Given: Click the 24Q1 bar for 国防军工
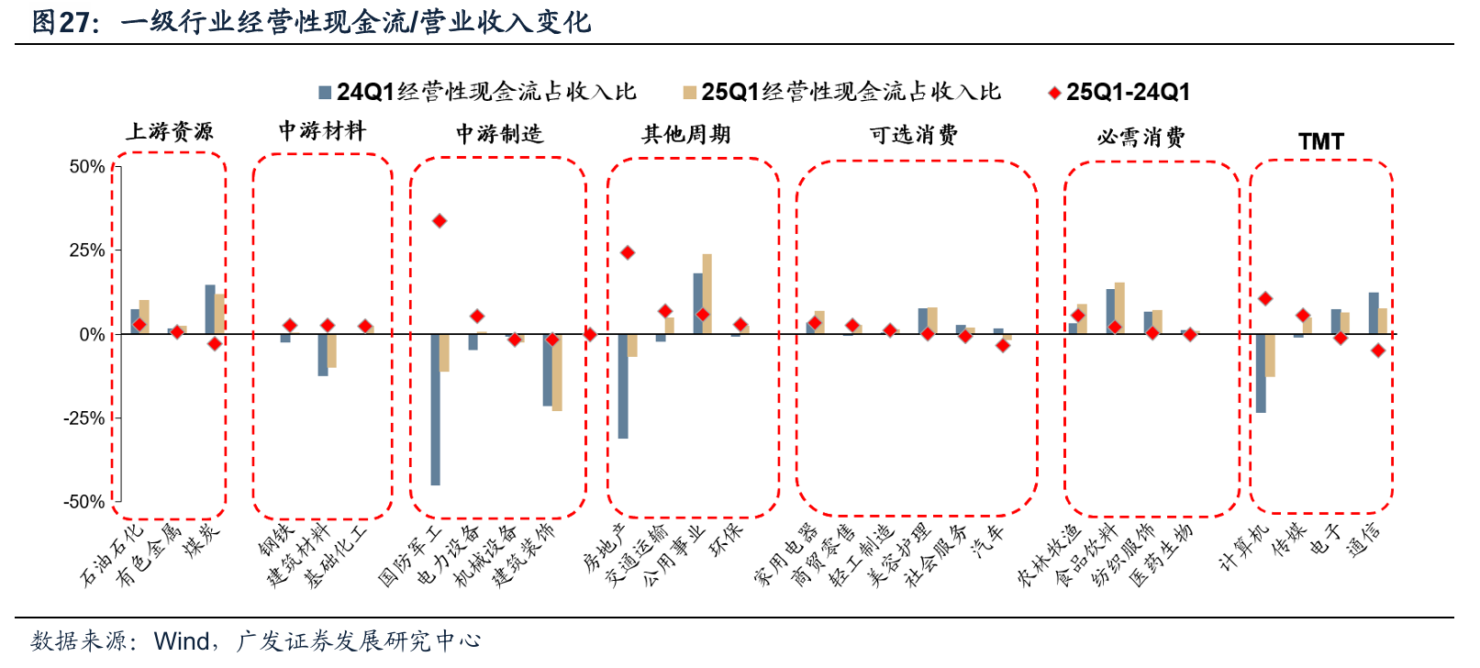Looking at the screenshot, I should pyautogui.click(x=435, y=409).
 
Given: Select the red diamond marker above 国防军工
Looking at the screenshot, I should pyautogui.click(x=440, y=221).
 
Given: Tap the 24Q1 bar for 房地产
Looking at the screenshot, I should pyautogui.click(x=623, y=386).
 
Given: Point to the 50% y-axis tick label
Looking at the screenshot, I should pyautogui.click(x=86, y=167).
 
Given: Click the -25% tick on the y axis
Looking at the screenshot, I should pyautogui.click(x=83, y=418).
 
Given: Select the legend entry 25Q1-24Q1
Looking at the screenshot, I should pyautogui.click(x=1128, y=92).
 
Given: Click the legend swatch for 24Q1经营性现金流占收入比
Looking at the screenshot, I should pyautogui.click(x=324, y=93).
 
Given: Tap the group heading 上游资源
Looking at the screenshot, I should pyautogui.click(x=170, y=132).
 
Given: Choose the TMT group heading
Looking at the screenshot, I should pyautogui.click(x=1320, y=141).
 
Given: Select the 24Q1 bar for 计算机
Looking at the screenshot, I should pyautogui.click(x=1261, y=373).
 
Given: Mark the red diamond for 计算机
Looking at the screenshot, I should pyautogui.click(x=1265, y=299).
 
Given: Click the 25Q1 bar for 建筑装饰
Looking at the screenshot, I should pyautogui.click(x=557, y=373).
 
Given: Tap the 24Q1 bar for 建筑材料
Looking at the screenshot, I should pyautogui.click(x=323, y=355).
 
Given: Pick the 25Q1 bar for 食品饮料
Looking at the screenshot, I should pyautogui.click(x=1119, y=308).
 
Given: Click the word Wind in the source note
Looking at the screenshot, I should pyautogui.click(x=182, y=640).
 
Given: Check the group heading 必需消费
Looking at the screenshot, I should pyautogui.click(x=1141, y=138).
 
